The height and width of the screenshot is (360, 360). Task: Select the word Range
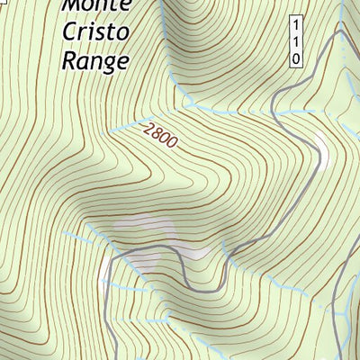pyautogui.click(x=95, y=59)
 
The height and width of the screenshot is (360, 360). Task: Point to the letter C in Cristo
pyautogui.click(x=69, y=31)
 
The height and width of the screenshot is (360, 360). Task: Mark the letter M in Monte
pyautogui.click(x=72, y=5)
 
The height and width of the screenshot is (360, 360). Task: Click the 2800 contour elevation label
pyautogui.click(x=160, y=136)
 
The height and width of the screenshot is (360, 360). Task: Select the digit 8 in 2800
pyautogui.click(x=156, y=133)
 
